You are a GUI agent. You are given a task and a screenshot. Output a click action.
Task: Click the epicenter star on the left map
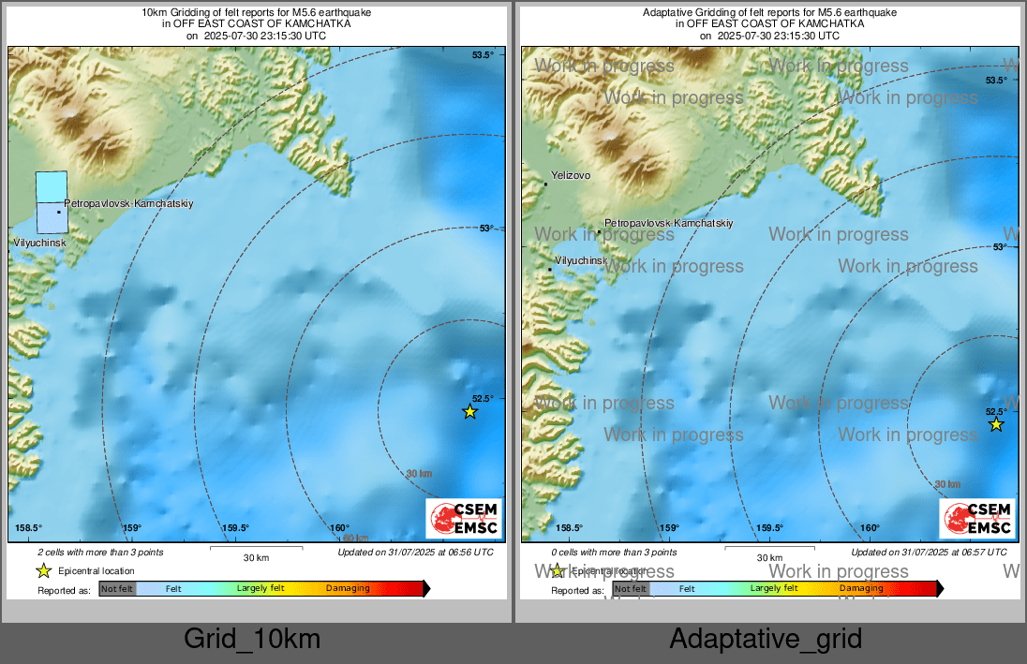tap(470, 411)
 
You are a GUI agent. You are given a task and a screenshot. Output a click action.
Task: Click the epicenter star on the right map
tap(996, 424)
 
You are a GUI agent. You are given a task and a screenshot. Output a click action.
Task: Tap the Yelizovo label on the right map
tap(571, 175)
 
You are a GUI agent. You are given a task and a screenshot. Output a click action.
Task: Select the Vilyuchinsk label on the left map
tap(39, 243)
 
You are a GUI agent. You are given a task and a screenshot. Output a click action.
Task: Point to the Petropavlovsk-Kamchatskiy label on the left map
tap(128, 203)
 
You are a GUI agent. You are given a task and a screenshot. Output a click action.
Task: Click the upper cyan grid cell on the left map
tap(52, 186)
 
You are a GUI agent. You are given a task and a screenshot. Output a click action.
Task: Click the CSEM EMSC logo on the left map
tap(465, 519)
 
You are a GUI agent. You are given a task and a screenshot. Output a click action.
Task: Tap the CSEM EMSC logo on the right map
tap(978, 519)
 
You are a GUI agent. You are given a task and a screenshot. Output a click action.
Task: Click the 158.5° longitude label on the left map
tap(29, 528)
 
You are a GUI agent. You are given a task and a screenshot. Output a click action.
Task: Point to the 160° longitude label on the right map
tap(870, 528)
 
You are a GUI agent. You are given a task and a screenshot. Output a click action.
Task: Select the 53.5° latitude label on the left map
tap(483, 55)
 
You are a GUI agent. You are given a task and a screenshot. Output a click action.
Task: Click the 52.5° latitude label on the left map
tap(483, 398)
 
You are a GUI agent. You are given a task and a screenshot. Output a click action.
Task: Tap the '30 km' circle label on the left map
tap(419, 474)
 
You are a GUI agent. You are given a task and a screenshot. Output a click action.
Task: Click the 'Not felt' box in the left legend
tap(117, 589)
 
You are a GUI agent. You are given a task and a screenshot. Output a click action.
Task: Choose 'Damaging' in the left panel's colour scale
tap(348, 589)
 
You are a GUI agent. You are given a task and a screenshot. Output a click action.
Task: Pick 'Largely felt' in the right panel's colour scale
tap(773, 588)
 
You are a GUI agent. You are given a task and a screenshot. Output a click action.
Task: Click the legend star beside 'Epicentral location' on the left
tap(43, 571)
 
